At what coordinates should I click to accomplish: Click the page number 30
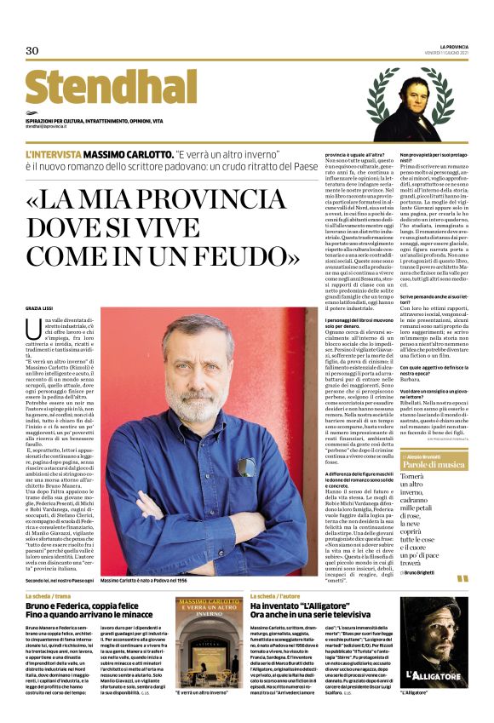pos(32,50)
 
